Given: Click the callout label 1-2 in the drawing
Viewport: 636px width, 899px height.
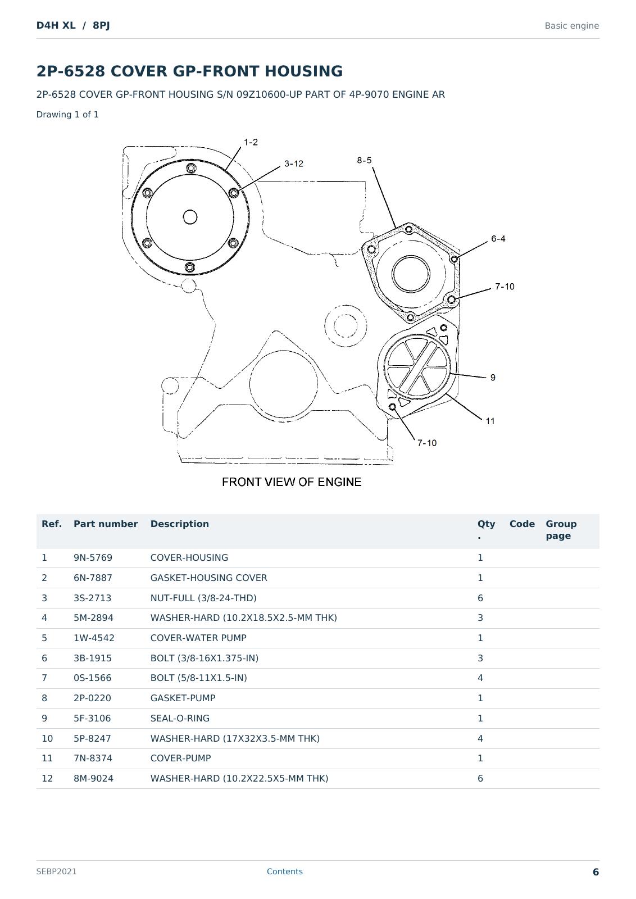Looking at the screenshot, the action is point(251,142).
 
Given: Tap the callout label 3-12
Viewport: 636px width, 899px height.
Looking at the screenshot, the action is point(294,164).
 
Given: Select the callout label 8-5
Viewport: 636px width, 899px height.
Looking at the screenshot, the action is point(364,160).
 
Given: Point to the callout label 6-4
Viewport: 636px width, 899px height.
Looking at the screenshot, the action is point(498,238).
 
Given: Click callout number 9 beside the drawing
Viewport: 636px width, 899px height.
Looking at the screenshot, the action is point(493,377).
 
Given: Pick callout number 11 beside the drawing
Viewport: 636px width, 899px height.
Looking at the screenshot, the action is point(490,421).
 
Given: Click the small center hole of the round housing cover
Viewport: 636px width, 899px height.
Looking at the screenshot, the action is point(190,217).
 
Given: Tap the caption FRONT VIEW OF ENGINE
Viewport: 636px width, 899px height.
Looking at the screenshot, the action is point(292,482).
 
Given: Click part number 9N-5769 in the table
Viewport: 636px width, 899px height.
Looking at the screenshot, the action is point(93,557).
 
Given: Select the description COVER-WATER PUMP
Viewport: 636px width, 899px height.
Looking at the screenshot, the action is point(198,638).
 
